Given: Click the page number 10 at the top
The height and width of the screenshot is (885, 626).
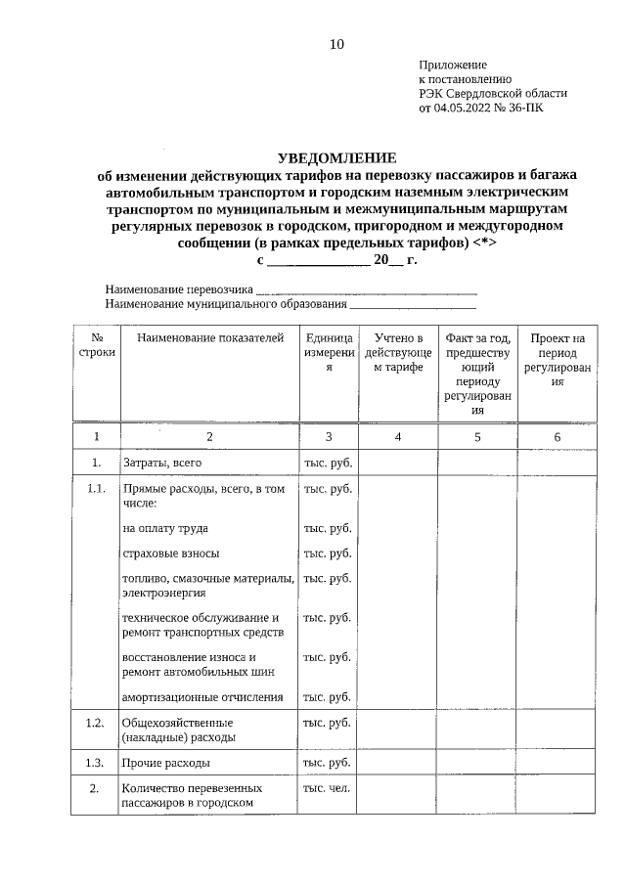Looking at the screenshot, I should pos(336,44).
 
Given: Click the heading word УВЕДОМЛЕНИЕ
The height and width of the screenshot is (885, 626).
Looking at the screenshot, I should pos(336,157).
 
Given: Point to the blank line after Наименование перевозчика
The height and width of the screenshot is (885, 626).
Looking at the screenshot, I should pos(366,290).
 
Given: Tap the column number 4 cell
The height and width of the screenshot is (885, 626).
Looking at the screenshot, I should pos(398,437).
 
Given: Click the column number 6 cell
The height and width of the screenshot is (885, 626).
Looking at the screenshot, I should pos(557,437).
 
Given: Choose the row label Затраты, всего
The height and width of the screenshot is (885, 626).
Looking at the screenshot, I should pos(161,463).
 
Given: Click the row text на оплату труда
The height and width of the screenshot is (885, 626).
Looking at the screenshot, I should pos(165,528).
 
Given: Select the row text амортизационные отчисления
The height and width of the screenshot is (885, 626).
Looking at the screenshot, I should pos(202,697).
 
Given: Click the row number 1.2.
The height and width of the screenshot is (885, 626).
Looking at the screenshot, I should pos(95,723).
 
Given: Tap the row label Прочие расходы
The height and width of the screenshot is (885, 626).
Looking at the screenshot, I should pos(165,763).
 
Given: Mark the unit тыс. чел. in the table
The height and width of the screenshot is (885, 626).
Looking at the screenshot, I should pos(328,787).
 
